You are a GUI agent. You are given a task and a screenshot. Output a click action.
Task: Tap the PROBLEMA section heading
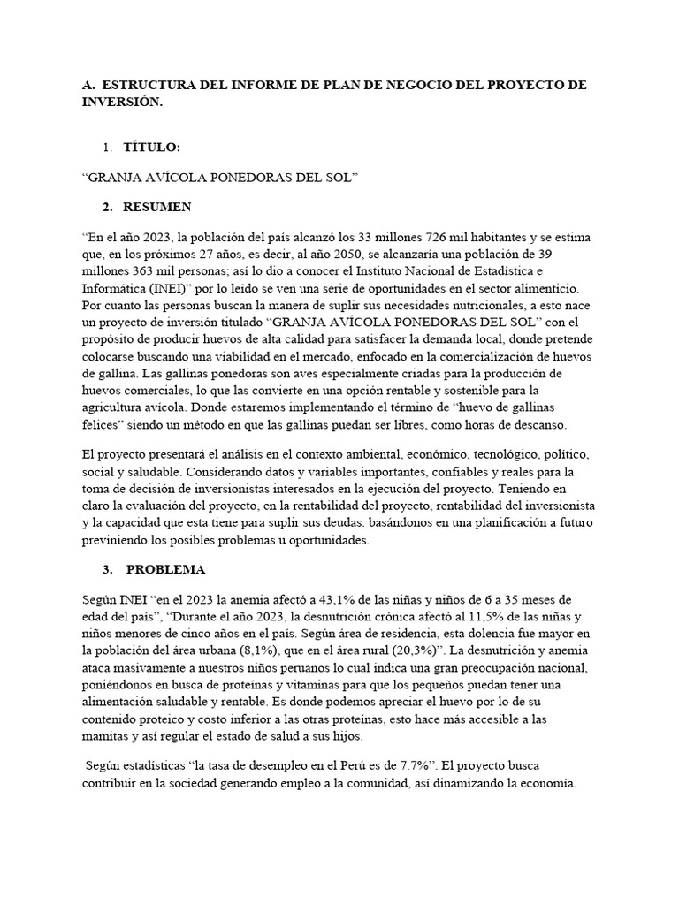point(166,569)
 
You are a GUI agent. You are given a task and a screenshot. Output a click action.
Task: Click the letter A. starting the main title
point(87,85)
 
